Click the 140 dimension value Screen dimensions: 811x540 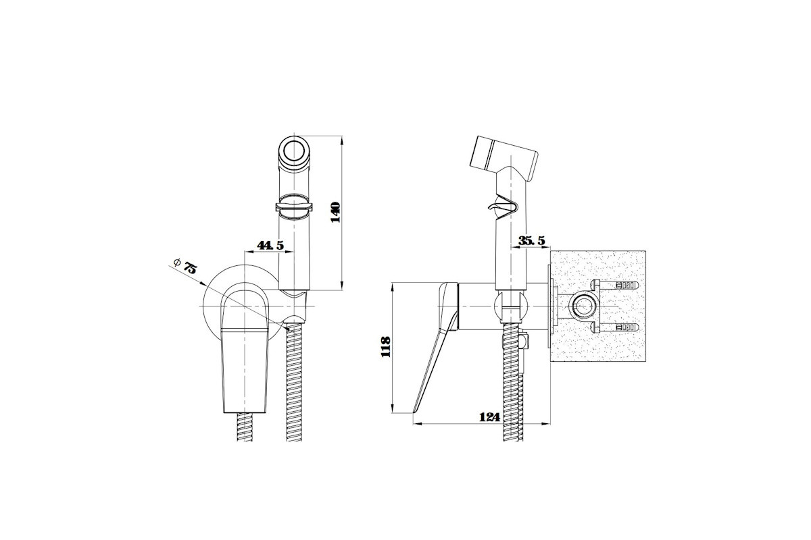336,213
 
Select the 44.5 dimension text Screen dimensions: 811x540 270,245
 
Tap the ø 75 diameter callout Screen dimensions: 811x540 185,266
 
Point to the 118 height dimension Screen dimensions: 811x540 386,347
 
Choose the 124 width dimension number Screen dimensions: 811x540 489,417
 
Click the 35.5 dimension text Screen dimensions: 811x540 531,240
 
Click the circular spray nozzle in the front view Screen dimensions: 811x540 294,150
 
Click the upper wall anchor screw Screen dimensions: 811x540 614,286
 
